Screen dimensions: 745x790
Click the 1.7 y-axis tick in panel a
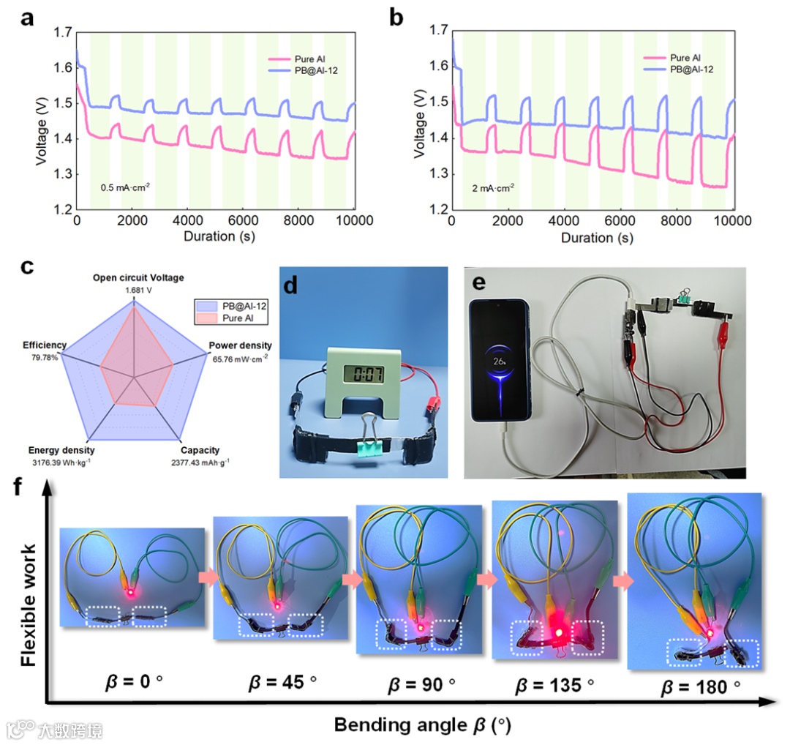coord(62,32)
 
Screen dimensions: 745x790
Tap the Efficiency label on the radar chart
coord(45,345)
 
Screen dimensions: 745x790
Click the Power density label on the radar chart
coord(241,346)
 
